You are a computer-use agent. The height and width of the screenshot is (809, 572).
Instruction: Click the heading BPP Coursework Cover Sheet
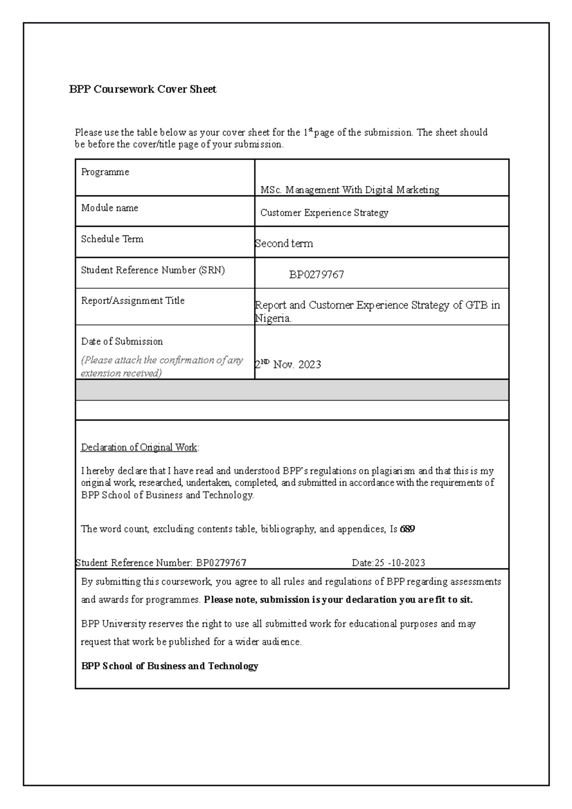tap(143, 89)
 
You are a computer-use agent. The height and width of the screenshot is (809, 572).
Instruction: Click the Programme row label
tap(105, 172)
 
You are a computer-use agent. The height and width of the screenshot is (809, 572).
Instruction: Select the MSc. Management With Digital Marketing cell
tap(349, 190)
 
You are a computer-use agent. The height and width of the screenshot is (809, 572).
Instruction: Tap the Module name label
tap(110, 208)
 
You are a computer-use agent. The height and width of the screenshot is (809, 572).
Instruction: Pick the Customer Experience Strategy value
tap(324, 212)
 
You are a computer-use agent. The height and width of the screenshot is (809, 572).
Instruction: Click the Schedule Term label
tap(112, 239)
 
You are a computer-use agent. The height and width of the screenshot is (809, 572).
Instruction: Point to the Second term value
tap(284, 243)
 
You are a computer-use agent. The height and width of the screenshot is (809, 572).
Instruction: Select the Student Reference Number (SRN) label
tap(153, 270)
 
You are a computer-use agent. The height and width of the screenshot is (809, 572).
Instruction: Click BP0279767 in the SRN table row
tap(317, 275)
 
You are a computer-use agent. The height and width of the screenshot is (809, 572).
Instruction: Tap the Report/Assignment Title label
tap(133, 301)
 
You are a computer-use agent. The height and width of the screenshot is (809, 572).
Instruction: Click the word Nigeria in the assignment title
tap(273, 319)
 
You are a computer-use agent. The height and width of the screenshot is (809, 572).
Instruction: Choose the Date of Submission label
tap(122, 341)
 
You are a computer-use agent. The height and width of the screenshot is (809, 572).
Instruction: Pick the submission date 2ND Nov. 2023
tap(288, 364)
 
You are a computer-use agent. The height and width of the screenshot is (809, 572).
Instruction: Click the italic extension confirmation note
tap(162, 366)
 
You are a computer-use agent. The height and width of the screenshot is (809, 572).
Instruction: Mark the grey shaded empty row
tap(292, 390)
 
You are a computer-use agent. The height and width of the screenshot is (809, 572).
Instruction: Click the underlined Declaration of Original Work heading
tap(139, 447)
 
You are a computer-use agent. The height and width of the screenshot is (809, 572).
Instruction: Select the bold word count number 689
tap(408, 529)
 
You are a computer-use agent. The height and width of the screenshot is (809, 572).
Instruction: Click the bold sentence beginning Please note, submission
tap(338, 600)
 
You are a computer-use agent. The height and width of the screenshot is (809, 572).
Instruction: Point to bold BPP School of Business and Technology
tap(170, 666)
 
